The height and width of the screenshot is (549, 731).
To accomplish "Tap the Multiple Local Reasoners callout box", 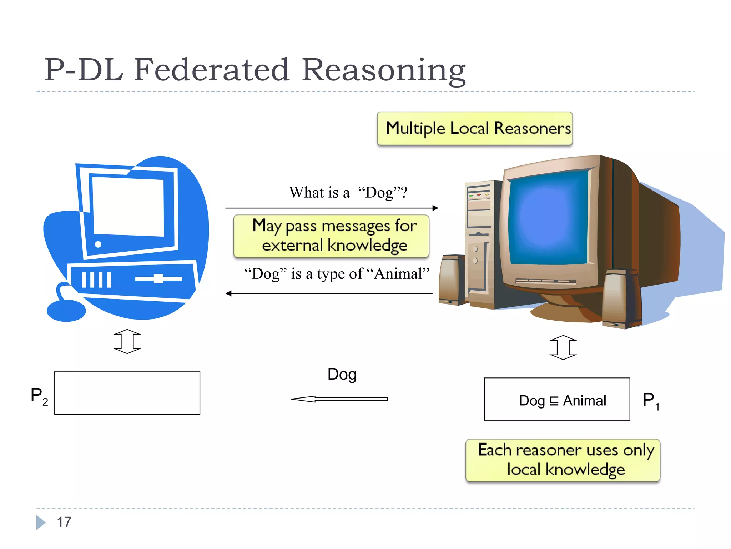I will pos(475,129).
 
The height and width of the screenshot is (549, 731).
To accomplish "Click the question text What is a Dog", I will pos(348,192).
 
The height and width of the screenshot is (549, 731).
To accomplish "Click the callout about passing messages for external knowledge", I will pos(331,236).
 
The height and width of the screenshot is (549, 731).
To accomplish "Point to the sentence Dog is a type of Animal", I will pos(336,274).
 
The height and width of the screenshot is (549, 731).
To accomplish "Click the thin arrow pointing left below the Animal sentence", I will pos(328,293).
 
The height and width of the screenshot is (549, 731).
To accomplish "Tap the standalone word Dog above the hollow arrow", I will pos(342,374).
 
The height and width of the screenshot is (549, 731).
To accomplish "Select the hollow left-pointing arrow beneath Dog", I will pos(339,399).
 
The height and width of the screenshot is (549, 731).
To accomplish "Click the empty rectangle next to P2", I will pos(127,393).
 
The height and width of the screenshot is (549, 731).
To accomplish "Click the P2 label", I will pos(39,396).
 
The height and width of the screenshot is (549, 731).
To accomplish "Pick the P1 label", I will pos(650,401).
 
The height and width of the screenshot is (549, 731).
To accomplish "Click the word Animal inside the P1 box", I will pos(584,401).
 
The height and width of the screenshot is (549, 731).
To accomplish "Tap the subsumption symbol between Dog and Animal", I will pos(554,401).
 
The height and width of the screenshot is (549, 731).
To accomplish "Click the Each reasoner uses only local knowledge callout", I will pos(563,460).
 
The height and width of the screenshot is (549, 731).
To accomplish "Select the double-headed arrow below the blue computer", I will pos(127,341).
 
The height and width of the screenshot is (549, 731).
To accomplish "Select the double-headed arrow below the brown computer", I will pos(563,347).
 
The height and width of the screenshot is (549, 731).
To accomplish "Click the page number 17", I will pos(64,522).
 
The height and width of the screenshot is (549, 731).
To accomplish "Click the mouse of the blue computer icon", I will pos(66,310).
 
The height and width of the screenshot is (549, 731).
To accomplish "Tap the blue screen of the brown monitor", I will pos(548,218).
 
